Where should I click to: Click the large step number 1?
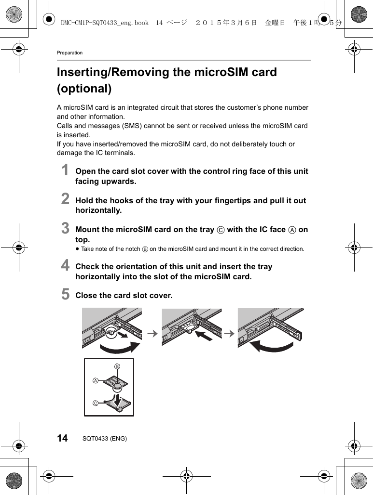65,171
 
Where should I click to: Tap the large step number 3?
65,228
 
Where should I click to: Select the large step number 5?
65,294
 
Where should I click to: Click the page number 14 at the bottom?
62,438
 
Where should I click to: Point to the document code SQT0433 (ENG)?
105,439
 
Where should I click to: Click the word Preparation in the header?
69,52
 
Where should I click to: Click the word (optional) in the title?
84,89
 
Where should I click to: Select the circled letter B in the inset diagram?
116,367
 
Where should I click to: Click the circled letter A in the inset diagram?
96,380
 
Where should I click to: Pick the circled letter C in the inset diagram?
96,403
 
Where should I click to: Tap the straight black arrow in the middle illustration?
204,336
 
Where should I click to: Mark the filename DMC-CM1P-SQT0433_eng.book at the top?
105,23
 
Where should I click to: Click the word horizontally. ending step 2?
98,210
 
